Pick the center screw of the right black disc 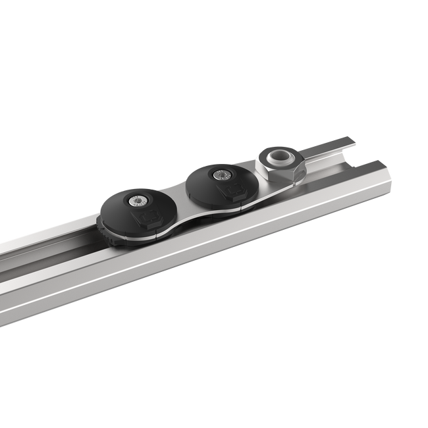tap(221, 174)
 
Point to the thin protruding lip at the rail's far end tap(342, 142)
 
